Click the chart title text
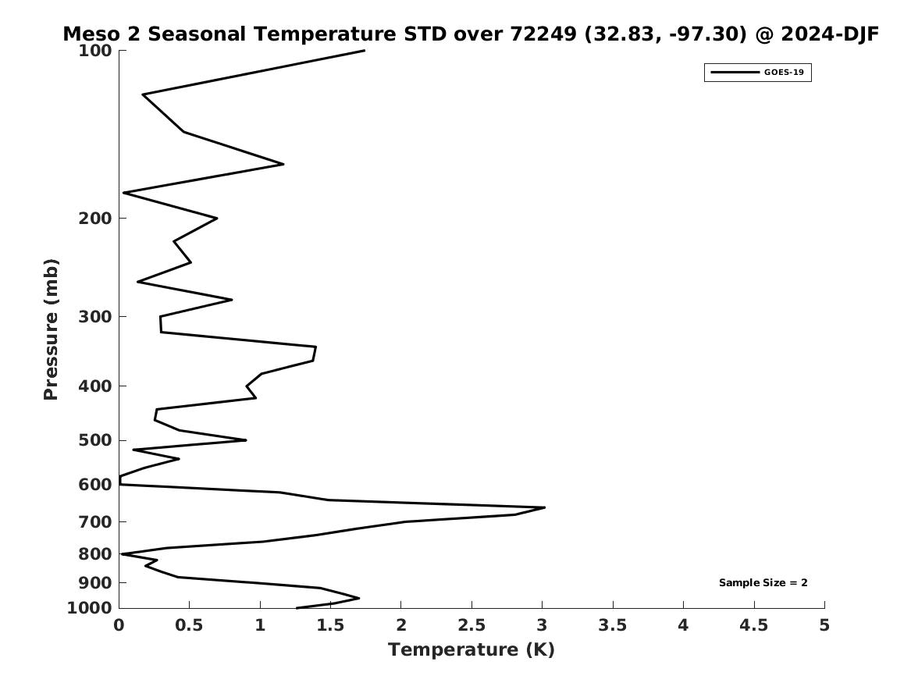tap(471, 34)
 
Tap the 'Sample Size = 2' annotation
tap(763, 583)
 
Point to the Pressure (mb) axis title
tap(52, 329)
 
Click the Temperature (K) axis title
tap(471, 650)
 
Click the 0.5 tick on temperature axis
tap(190, 625)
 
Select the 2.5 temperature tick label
tap(472, 625)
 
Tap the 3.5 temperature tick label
tap(613, 625)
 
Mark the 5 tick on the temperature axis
tap(824, 625)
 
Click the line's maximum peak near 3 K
tap(544, 507)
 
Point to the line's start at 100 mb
tap(364, 51)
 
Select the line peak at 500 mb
tap(246, 440)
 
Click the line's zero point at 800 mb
tap(121, 554)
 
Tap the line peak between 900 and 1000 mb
tap(358, 599)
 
